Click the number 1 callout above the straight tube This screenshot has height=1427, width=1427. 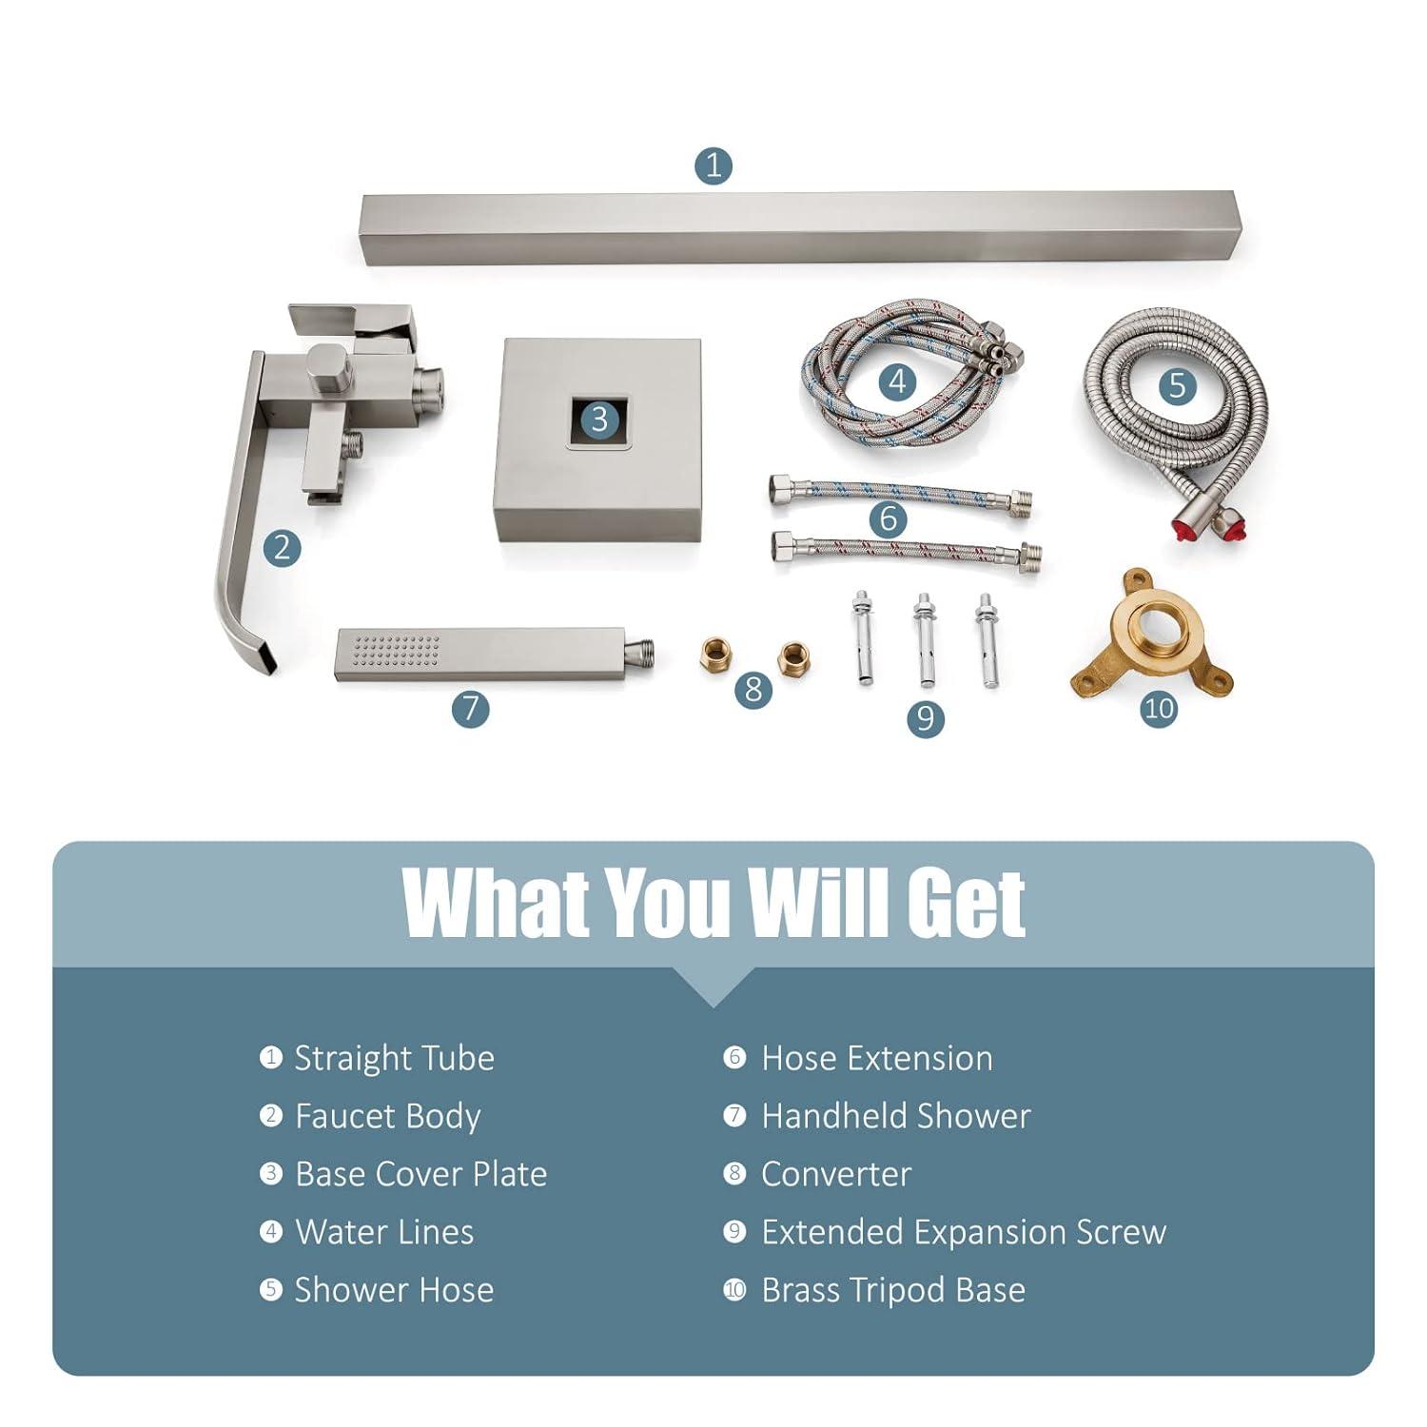(x=713, y=166)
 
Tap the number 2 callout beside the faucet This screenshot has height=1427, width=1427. (x=282, y=547)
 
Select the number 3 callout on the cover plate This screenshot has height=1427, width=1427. (x=599, y=419)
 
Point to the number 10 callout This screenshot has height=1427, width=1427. (x=1159, y=708)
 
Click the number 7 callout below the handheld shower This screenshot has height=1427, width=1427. (x=470, y=708)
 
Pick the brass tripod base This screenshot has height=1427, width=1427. (x=1151, y=633)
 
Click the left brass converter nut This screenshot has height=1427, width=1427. (x=715, y=655)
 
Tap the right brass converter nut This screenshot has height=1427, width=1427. (x=793, y=658)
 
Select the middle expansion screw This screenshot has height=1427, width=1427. (x=925, y=639)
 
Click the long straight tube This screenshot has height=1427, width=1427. (x=801, y=228)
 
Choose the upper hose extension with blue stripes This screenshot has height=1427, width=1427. (x=900, y=494)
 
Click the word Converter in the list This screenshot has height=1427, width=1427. (x=836, y=1174)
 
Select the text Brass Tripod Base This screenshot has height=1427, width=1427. (x=893, y=1290)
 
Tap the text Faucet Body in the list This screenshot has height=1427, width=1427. (x=388, y=1117)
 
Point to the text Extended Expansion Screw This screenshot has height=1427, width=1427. (x=964, y=1232)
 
